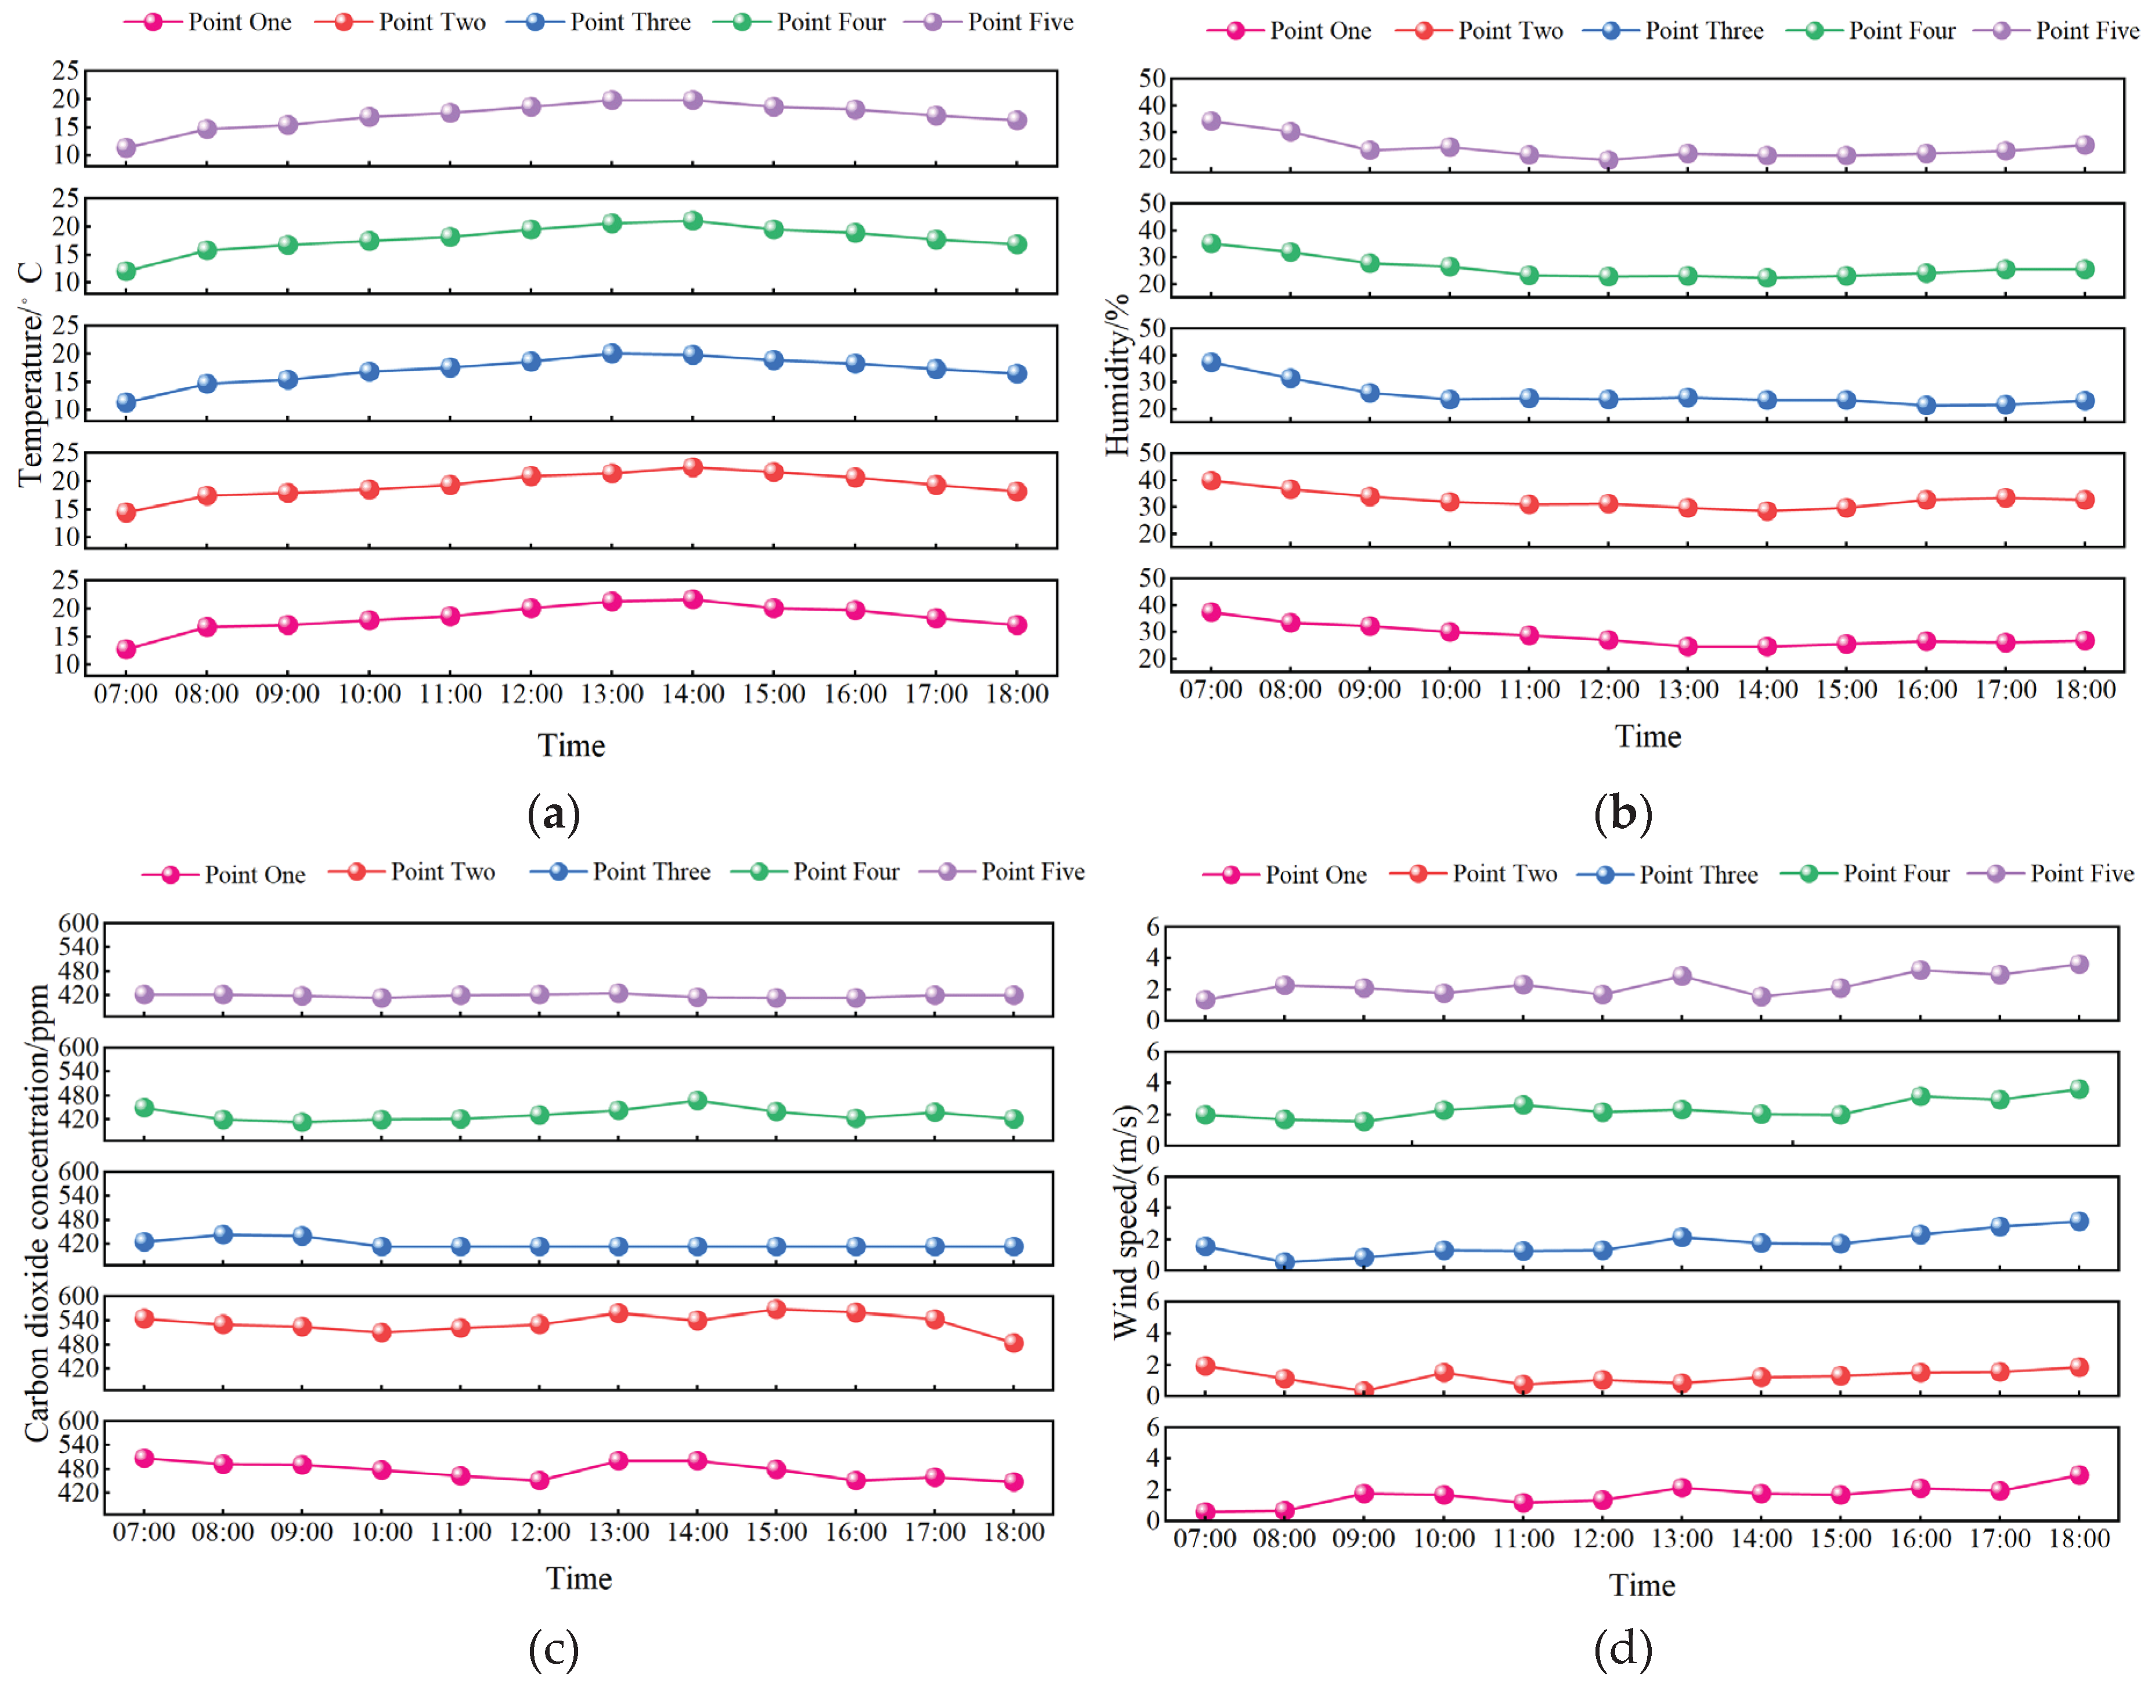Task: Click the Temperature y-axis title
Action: tap(30, 375)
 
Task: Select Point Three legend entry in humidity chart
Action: tap(1703, 31)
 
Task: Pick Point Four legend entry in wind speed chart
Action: tap(1895, 873)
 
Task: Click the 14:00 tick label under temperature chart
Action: tap(692, 694)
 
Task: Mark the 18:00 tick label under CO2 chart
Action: tap(1013, 1532)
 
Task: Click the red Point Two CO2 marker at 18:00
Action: tap(1013, 1343)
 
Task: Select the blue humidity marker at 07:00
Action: tap(1211, 363)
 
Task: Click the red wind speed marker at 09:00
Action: tap(1364, 1390)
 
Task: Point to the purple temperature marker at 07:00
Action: tap(125, 148)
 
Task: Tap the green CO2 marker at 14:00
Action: tap(697, 1100)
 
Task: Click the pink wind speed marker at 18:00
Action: tap(2079, 1475)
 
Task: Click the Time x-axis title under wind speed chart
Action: tap(1641, 1585)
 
